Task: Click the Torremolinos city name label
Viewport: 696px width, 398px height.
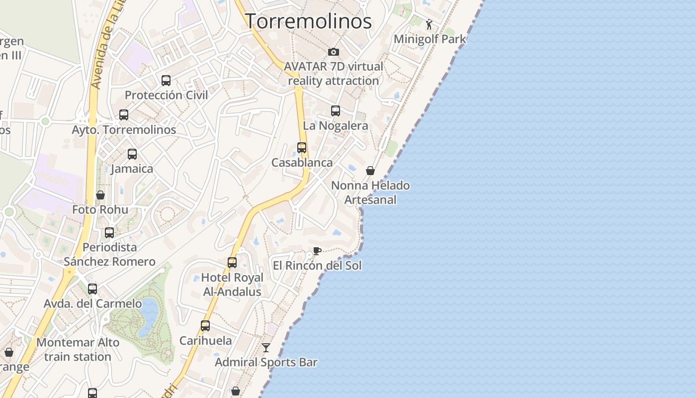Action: pos(308,21)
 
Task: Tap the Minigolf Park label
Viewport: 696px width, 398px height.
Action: pos(430,39)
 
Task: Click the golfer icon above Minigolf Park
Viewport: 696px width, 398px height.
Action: pos(429,24)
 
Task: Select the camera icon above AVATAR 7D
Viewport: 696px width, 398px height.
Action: pos(334,52)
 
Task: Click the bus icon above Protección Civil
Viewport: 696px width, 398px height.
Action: pos(166,81)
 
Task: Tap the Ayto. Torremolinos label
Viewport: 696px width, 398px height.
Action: pos(124,130)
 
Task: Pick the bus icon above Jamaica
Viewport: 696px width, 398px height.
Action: pos(132,154)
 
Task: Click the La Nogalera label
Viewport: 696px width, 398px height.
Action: pos(335,125)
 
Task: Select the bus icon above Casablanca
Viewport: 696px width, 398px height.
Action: pos(302,148)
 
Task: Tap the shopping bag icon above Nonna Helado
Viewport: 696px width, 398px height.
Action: pos(370,171)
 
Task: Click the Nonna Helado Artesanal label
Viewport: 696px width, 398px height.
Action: pos(370,193)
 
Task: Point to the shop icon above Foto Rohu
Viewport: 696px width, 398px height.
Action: pos(100,195)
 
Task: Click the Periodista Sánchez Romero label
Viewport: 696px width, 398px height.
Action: pos(109,254)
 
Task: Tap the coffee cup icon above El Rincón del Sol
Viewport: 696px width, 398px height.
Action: pos(317,251)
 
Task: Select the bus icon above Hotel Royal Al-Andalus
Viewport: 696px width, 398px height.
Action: pos(232,263)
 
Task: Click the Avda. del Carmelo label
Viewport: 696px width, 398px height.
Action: pos(92,303)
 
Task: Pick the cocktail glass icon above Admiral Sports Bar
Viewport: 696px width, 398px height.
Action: pos(266,347)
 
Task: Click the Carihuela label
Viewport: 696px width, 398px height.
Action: pos(205,341)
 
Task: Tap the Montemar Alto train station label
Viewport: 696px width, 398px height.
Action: pos(78,350)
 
